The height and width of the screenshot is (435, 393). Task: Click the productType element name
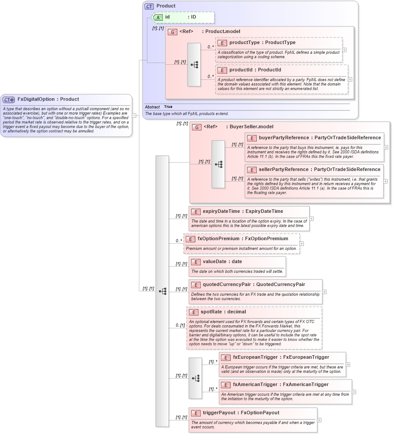(244, 43)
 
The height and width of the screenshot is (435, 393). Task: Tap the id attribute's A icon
(157, 17)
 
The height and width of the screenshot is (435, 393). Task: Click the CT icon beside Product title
(150, 6)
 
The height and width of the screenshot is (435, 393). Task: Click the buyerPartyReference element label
(285, 138)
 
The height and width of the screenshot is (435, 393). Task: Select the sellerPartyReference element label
(286, 169)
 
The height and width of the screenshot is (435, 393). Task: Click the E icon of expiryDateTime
(195, 212)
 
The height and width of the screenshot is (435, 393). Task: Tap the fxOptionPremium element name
(218, 238)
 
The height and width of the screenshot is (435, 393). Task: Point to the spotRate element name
(211, 312)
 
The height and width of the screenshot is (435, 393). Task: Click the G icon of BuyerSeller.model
(197, 127)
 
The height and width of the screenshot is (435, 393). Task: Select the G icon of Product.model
(173, 32)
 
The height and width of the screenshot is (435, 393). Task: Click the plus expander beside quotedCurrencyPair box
(325, 292)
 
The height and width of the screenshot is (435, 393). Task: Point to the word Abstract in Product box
(152, 107)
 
